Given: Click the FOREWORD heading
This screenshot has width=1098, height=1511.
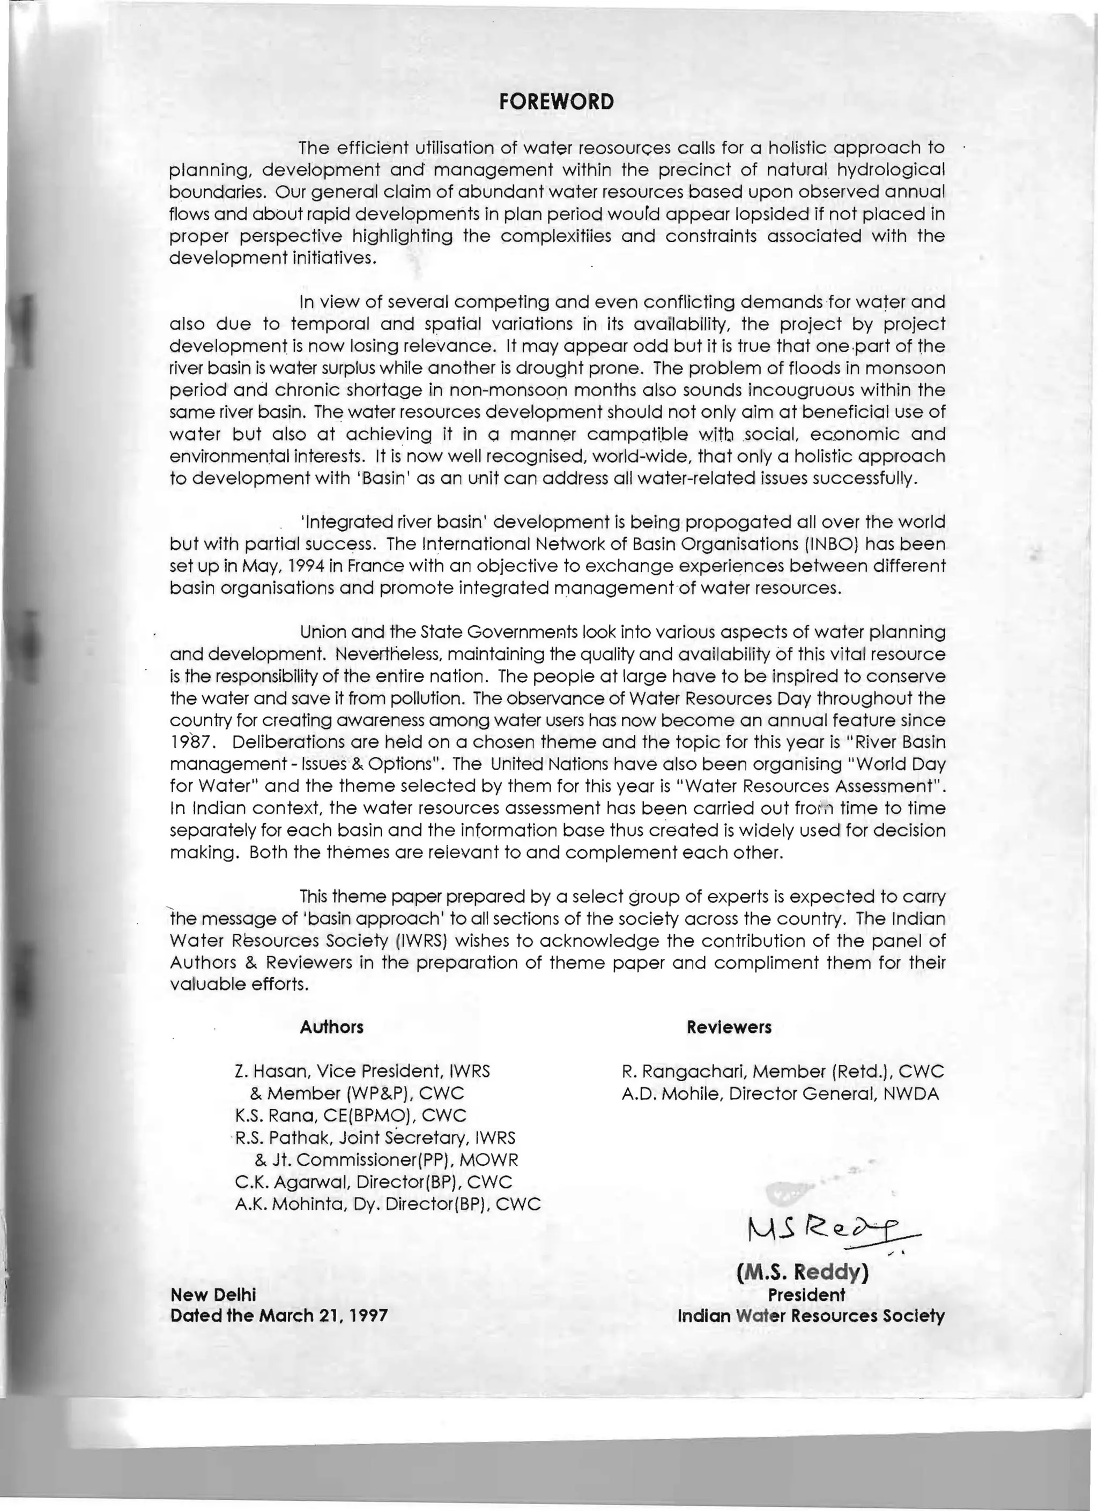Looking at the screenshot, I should coord(557,102).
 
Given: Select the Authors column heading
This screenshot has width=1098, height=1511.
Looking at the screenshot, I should coord(332,1026).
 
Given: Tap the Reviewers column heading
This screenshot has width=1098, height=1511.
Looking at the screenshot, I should coord(729,1026).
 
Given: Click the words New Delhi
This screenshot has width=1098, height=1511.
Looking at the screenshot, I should coord(213,1294).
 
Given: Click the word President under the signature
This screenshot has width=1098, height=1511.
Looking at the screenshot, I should coord(806,1294).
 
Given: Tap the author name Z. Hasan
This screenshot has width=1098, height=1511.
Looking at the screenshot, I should coord(270,1071).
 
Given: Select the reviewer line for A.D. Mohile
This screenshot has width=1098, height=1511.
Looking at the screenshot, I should coord(780,1093).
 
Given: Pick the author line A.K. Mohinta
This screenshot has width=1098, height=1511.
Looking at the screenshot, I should coord(387,1204).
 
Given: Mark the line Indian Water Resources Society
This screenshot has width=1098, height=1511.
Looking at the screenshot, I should coord(811,1316).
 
